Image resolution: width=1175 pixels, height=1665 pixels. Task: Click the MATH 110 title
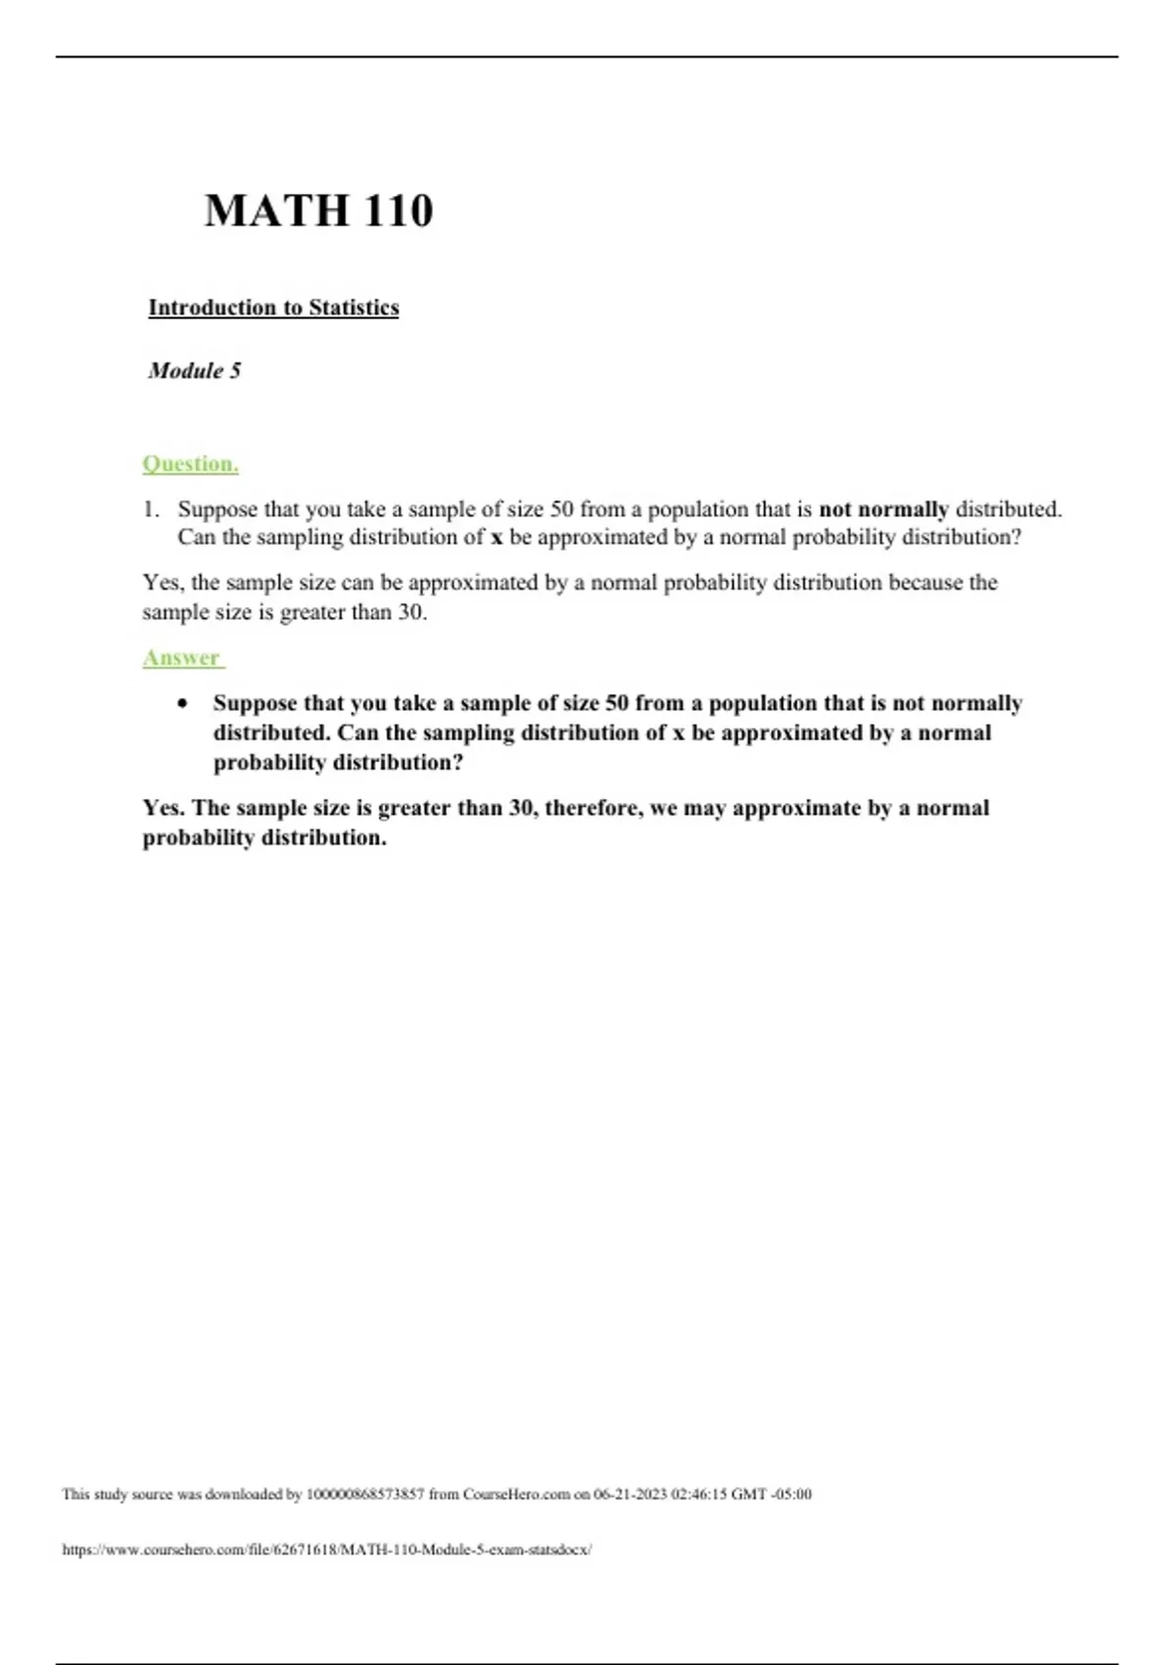tap(318, 211)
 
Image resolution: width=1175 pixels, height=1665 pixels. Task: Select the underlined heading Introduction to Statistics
tap(273, 308)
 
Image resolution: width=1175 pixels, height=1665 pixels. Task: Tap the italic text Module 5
tap(194, 370)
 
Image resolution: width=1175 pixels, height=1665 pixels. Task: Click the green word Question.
tap(190, 463)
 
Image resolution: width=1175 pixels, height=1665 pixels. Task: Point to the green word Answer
tap(182, 657)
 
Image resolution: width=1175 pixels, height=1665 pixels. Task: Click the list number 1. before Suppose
tap(151, 509)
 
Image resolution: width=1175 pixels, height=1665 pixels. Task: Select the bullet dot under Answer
tap(182, 704)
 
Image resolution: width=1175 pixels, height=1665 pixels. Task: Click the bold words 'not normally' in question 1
tap(883, 509)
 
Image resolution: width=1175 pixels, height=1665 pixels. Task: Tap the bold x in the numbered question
tap(496, 538)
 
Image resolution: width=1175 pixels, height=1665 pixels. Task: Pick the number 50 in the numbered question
tap(561, 509)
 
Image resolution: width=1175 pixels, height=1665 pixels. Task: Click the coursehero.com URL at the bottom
tap(326, 1549)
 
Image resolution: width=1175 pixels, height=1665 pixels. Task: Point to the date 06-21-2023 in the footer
tap(630, 1495)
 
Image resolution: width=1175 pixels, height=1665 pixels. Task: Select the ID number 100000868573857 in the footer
tap(365, 1495)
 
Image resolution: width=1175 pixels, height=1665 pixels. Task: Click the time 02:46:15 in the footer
tap(699, 1495)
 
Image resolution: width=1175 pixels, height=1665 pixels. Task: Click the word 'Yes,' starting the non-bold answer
tap(163, 583)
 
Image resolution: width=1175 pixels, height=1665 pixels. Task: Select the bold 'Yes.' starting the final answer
tap(164, 808)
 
